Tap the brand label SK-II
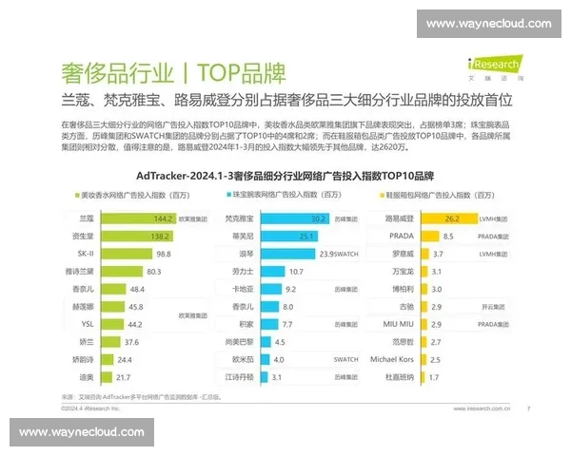point(83,253)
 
